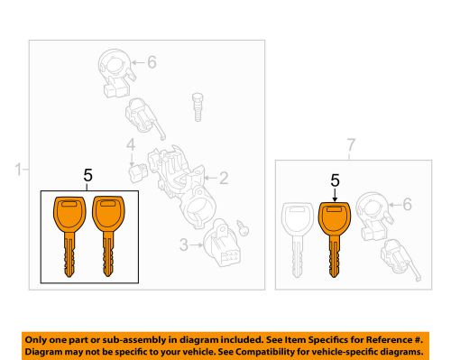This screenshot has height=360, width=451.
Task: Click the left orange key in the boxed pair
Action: coord(69,223)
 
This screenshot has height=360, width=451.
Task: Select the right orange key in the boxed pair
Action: coord(108,223)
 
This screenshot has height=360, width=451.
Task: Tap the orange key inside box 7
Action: coord(335,224)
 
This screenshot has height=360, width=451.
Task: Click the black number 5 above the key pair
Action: coord(87,175)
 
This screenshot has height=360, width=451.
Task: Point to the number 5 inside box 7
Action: coord(335,180)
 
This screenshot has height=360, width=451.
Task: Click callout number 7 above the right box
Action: coord(351,145)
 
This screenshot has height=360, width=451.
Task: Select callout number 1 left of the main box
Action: coord(19,170)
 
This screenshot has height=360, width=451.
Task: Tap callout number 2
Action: coord(224,178)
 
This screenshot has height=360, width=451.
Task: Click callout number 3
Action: coord(184,245)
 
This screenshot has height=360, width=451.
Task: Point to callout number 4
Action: coord(131,145)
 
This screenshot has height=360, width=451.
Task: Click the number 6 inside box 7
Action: coord(407,205)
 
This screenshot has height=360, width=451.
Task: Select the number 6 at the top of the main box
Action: coord(152,62)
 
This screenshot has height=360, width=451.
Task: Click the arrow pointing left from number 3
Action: coord(197,245)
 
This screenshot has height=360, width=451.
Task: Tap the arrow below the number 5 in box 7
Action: coord(335,195)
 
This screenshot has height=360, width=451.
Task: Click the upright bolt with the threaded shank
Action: coord(198,107)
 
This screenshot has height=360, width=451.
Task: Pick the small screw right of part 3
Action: coord(243,227)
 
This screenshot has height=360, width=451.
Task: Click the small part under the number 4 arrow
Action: coord(138,173)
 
